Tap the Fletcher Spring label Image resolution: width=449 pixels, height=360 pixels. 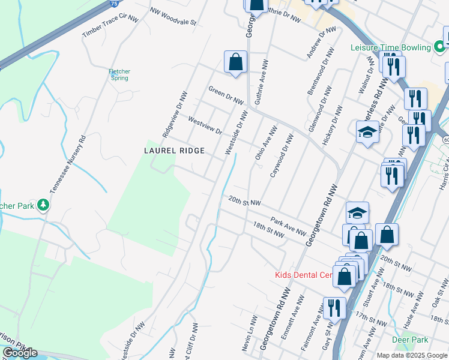[x=119, y=75]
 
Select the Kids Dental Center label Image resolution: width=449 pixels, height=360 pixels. [x=303, y=275]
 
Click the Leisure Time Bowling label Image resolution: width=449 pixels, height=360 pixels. [x=391, y=47]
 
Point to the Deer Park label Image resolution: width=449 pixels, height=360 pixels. [x=409, y=339]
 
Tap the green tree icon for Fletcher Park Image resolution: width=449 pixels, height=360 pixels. [x=43, y=206]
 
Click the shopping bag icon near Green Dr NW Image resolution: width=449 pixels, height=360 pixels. [x=235, y=62]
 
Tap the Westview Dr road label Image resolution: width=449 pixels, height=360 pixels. [x=205, y=125]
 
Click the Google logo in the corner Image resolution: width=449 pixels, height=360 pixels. [x=20, y=353]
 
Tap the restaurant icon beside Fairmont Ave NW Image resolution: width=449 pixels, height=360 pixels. [x=334, y=308]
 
